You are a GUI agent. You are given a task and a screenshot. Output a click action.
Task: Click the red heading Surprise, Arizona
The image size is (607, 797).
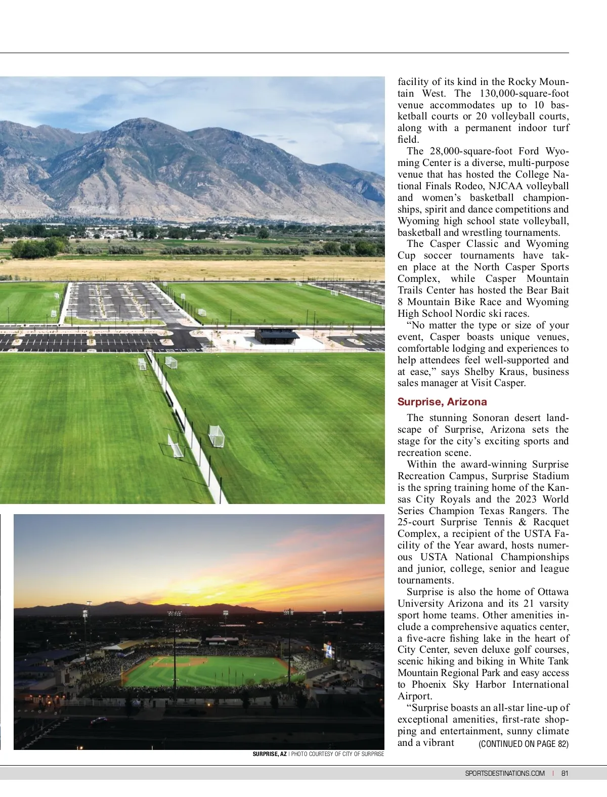(x=442, y=402)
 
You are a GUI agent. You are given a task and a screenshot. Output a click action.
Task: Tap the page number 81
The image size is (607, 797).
(x=565, y=773)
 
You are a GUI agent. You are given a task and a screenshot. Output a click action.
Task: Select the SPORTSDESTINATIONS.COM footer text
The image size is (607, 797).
(x=505, y=773)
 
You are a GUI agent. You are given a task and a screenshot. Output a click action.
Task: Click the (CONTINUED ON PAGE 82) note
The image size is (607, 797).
(x=524, y=744)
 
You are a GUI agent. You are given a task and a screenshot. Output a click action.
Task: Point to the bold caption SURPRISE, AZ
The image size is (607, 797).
(x=270, y=754)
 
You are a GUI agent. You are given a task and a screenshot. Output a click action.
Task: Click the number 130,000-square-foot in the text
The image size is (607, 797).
(x=524, y=94)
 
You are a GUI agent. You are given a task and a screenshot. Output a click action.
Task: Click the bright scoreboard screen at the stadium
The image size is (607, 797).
(x=329, y=651)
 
